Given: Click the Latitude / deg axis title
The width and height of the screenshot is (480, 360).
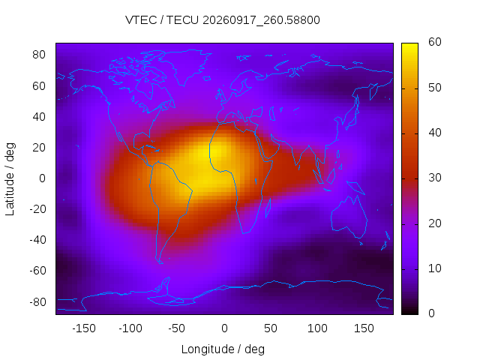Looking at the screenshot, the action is point(10,179).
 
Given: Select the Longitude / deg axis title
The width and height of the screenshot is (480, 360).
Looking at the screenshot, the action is point(223,349).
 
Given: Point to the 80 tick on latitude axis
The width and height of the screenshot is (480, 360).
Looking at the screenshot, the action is point(39,55).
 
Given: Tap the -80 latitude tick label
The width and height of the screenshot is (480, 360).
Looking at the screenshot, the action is point(37,302).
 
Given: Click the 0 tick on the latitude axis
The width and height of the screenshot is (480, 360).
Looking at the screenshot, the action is point(42,178).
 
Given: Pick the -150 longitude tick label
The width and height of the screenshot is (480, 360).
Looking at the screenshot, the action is point(84,328).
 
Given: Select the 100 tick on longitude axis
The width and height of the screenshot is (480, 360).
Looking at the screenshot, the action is point(317,328).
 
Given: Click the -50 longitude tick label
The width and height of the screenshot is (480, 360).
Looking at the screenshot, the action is point(177,328).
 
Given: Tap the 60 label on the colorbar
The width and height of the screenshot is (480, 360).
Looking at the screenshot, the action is point(435,42).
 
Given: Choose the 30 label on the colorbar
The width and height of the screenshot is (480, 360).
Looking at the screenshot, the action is point(435,178).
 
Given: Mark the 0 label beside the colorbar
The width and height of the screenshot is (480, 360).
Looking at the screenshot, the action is point(431,313).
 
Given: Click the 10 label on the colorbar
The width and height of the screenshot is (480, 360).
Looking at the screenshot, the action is point(435,268).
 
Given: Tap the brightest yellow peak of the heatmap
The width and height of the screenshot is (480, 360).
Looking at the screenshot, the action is point(216,151).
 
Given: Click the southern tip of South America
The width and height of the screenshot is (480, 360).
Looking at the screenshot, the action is point(160,263).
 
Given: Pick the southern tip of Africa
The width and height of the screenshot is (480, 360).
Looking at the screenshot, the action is point(244,233).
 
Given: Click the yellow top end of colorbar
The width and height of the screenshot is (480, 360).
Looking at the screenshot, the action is point(409,45).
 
